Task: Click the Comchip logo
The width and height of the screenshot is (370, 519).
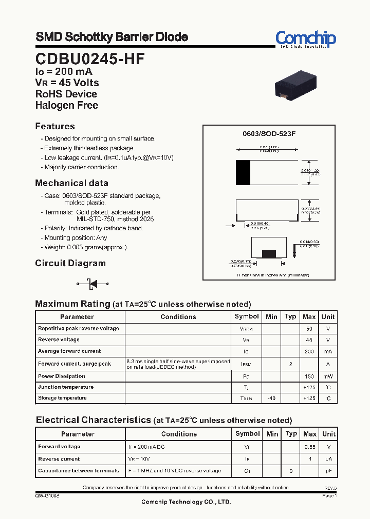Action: [305, 39]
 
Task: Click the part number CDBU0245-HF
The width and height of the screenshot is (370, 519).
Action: [90, 58]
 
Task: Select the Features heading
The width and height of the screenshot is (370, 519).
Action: [55, 126]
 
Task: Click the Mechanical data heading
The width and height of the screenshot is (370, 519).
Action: [71, 183]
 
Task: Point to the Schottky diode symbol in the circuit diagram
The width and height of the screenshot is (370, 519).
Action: [93, 283]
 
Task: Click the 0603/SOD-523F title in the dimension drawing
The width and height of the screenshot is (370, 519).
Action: [269, 133]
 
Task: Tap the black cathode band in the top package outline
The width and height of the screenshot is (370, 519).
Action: [243, 172]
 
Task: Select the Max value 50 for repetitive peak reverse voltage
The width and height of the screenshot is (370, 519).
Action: [309, 328]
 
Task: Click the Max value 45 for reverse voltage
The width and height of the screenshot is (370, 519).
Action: [309, 340]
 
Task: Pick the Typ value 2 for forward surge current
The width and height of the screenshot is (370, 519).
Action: [290, 364]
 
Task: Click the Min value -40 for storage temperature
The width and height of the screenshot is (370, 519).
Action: [271, 398]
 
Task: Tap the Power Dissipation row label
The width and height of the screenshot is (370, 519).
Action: [62, 376]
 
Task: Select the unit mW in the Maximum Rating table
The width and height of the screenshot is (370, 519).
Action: [328, 376]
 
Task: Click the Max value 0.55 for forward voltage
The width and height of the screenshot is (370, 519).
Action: [309, 447]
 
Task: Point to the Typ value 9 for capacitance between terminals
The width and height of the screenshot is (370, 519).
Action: [291, 470]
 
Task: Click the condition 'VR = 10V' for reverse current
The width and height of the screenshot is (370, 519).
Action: [140, 459]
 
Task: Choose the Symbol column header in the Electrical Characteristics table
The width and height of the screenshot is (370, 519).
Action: [247, 434]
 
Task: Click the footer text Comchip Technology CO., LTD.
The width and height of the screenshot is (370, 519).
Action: [186, 502]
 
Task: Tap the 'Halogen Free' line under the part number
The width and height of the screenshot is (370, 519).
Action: [66, 105]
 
